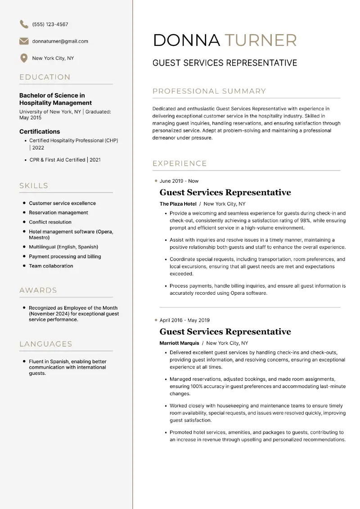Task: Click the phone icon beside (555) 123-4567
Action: (x=24, y=24)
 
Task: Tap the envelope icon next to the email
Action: (x=24, y=41)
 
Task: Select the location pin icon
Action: (x=24, y=58)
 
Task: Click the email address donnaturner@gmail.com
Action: (x=60, y=41)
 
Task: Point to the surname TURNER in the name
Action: (x=261, y=40)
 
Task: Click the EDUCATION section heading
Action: (x=45, y=77)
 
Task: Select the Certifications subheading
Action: (x=40, y=131)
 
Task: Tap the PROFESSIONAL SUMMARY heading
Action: (x=209, y=91)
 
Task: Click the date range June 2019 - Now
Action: (x=179, y=181)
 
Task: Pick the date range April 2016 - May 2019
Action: (x=184, y=320)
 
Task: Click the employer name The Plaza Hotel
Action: (x=178, y=204)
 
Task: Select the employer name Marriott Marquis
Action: (x=179, y=343)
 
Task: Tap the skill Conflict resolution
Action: (x=50, y=222)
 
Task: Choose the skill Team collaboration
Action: (x=51, y=266)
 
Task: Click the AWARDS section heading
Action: (x=38, y=290)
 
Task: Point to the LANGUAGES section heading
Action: (x=46, y=344)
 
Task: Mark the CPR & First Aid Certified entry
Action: (x=65, y=160)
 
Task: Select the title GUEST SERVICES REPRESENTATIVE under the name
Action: (x=225, y=63)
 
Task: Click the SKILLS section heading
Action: (x=34, y=185)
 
